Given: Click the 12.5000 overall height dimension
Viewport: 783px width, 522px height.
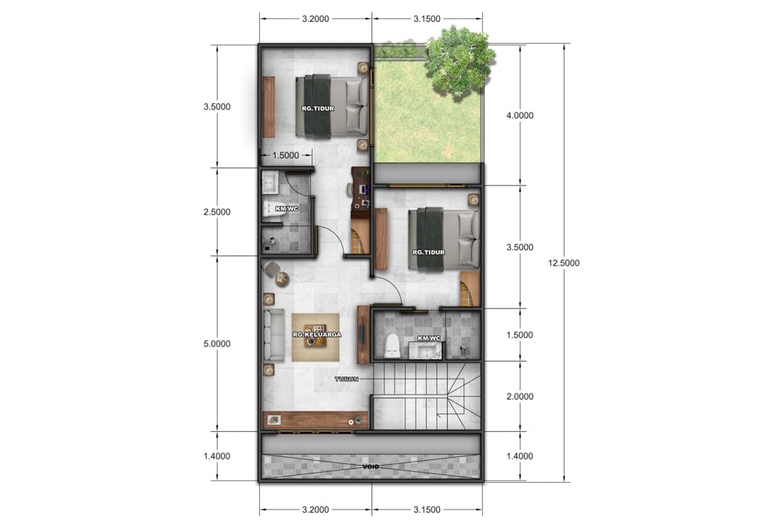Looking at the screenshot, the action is pos(563,263).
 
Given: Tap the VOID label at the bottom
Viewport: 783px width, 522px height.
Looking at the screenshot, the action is pos(371,466).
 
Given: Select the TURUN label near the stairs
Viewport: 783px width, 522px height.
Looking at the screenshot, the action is pos(347,379).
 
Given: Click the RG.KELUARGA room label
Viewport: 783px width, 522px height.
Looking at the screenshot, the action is pos(317,334).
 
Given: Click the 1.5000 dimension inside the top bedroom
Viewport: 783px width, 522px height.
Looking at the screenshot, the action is pos(285,155).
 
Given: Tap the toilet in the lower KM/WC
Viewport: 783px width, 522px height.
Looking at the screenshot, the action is pos(392,346).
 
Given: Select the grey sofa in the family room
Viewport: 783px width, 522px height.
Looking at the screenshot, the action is pos(273,334).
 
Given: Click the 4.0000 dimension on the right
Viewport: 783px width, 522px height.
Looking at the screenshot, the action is pos(520,115).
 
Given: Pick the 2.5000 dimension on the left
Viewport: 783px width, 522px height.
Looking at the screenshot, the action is pos(217,211).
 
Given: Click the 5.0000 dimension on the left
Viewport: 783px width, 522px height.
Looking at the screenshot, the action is pos(217,344).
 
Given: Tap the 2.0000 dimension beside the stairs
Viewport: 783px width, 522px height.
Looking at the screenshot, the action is pos(520,396).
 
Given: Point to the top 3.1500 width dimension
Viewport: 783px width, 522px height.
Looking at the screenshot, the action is pos(427,19).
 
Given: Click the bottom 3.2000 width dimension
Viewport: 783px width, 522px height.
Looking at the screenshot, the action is pos(316,509).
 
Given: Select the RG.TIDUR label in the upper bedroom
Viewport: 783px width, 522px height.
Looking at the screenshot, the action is pos(318,108).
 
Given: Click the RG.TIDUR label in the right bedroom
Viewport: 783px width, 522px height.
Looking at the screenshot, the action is pos(428,252).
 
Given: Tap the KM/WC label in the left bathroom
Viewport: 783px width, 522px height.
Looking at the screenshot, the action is pos(287,209).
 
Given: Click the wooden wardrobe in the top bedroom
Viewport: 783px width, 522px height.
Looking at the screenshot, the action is pos(269,106).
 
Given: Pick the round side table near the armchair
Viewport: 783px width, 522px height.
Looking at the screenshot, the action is pos(283,279).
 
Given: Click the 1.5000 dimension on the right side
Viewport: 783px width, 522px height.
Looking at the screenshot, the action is pos(520,335).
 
